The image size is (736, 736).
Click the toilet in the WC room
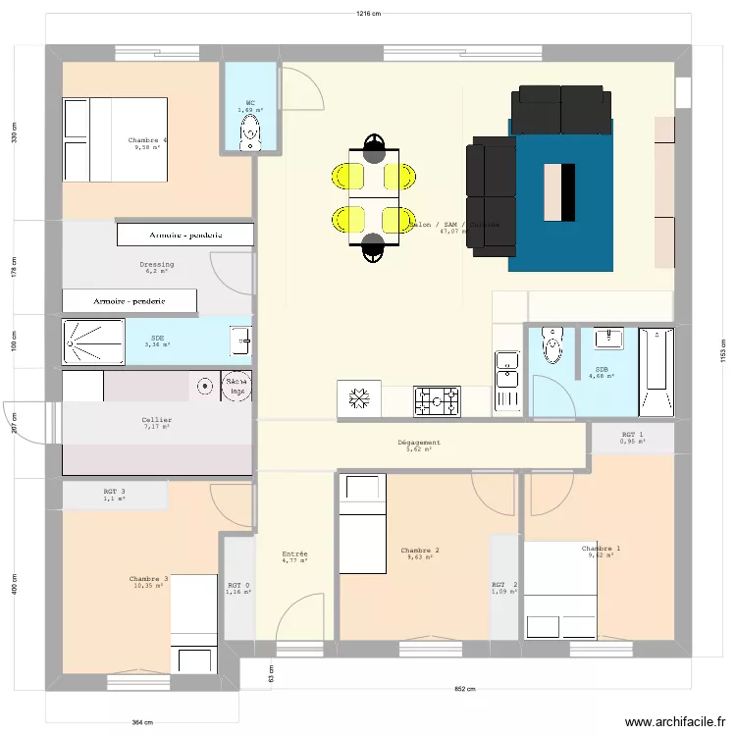(x=251, y=131)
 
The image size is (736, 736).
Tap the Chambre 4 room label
(x=147, y=140)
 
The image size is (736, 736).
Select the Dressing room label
(x=157, y=264)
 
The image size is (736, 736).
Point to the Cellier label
(x=157, y=419)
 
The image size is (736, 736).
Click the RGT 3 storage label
(x=115, y=492)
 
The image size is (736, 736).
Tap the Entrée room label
(x=294, y=554)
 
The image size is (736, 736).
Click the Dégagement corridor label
(x=419, y=443)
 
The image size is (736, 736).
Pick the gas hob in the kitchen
(x=437, y=399)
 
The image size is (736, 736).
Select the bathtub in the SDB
(x=657, y=371)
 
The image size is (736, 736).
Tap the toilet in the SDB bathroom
(x=554, y=347)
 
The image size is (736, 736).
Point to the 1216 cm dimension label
(x=369, y=14)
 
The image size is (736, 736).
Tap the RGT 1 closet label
(x=633, y=435)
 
